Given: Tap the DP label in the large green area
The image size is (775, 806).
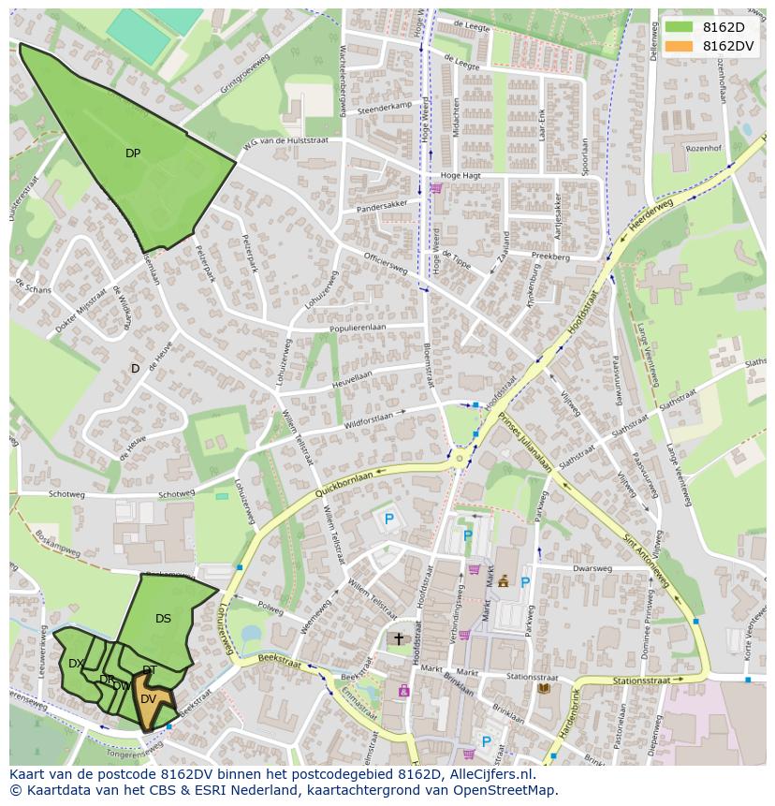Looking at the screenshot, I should [133, 154].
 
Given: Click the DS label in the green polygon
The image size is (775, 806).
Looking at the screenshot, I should [163, 619].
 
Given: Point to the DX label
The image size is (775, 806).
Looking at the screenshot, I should [77, 664].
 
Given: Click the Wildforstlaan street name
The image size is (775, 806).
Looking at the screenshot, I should [368, 418].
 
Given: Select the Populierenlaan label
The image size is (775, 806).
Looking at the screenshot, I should [358, 328].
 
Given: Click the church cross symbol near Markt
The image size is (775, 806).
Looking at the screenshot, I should [398, 638].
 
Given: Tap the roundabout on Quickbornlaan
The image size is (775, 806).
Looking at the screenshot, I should [460, 459].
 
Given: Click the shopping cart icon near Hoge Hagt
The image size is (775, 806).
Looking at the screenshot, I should [435, 187].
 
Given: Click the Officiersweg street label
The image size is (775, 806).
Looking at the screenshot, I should [386, 264].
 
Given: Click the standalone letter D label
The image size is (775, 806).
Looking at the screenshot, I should [135, 369].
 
